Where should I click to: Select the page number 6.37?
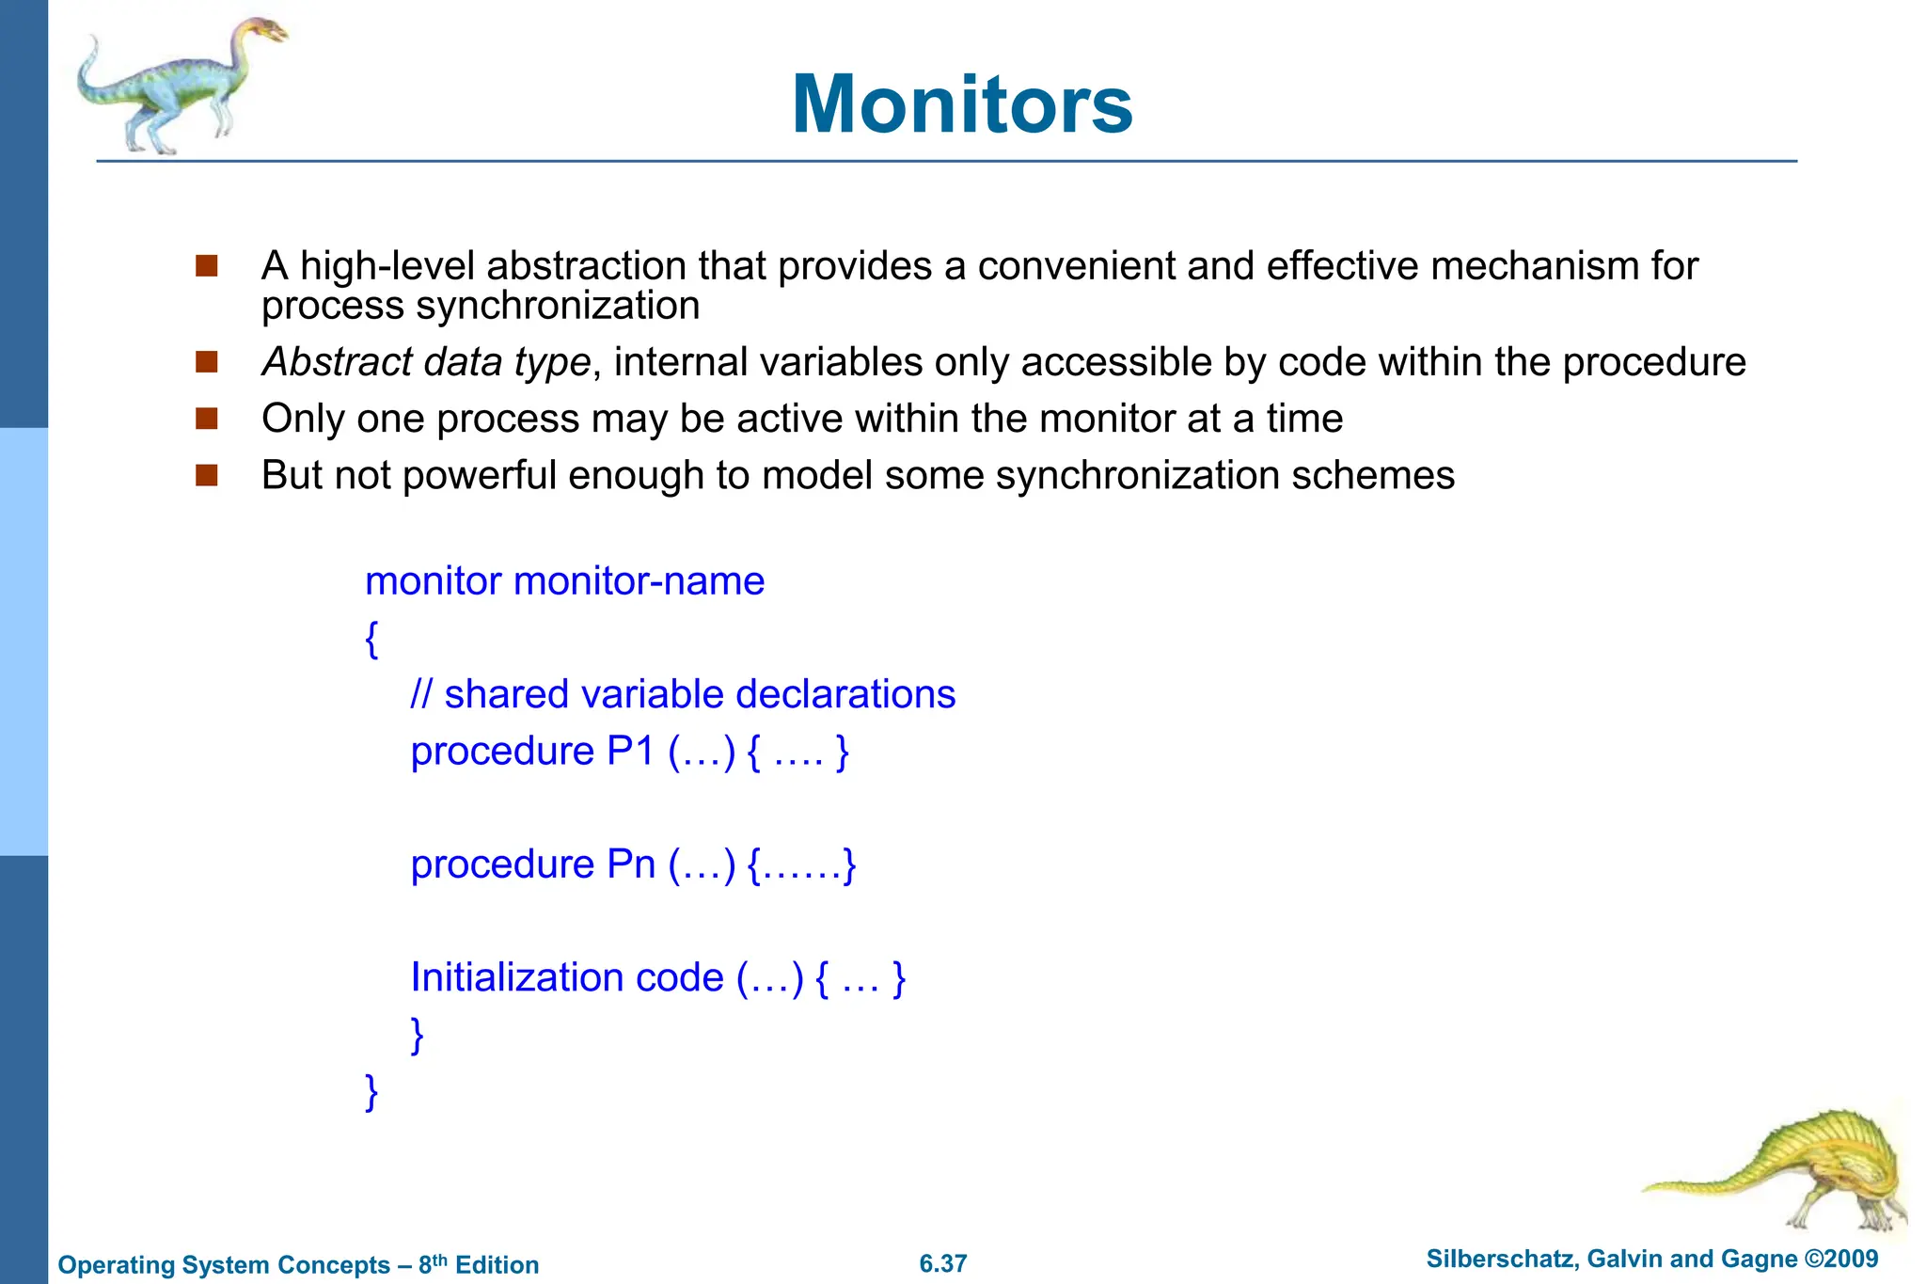[x=942, y=1263]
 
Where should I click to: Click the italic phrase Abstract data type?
[x=426, y=362]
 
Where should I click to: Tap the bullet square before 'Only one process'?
[x=207, y=419]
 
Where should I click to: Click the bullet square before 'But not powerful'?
[x=207, y=475]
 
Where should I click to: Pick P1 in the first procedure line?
[x=630, y=752]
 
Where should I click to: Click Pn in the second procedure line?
[x=631, y=864]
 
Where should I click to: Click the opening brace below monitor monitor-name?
[x=371, y=639]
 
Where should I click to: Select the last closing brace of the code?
[x=371, y=1092]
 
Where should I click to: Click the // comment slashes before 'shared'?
[x=421, y=695]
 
